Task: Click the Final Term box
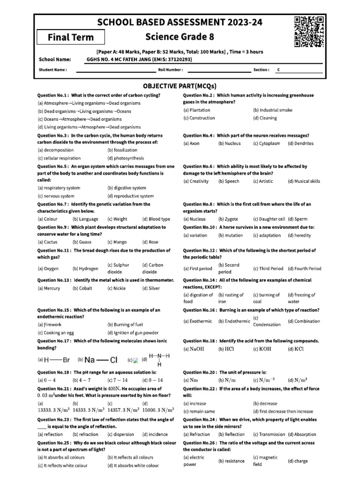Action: (71, 37)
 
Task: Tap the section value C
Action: (278, 70)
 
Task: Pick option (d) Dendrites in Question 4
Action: (300, 143)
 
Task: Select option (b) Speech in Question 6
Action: (229, 181)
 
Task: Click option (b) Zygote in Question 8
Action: (228, 219)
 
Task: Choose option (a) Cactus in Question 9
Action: (48, 242)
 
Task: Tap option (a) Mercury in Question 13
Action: (49, 288)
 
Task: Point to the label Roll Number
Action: (171, 70)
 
